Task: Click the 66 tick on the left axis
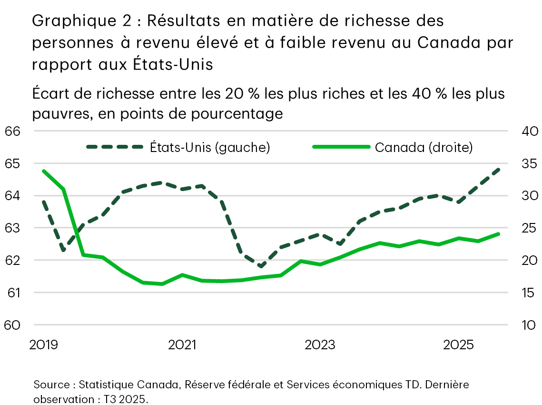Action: click(13, 131)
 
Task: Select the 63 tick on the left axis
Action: click(13, 228)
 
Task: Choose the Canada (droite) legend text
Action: click(424, 148)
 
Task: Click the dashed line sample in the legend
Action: click(115, 147)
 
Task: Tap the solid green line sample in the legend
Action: click(341, 147)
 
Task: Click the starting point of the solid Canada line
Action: click(43, 171)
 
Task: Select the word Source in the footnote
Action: click(51, 385)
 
